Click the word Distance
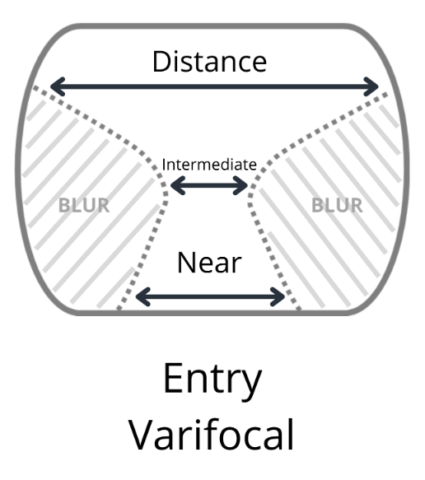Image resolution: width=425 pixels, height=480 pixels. [209, 61]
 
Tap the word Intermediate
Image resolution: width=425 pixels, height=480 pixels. [209, 164]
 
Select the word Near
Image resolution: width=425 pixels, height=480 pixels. [209, 263]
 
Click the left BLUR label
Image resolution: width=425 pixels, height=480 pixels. [84, 205]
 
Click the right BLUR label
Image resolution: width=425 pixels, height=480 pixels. [336, 205]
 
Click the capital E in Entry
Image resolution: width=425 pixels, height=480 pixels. [173, 379]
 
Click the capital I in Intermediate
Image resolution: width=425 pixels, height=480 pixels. [164, 164]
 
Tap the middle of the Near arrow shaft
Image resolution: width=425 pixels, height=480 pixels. [209, 294]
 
